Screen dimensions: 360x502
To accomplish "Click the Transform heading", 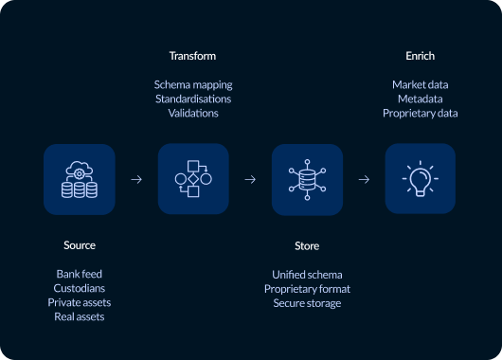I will (x=193, y=57).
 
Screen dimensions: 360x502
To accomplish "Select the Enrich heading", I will (x=420, y=57).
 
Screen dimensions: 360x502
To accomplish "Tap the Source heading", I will (x=80, y=245).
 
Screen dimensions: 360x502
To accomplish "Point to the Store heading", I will (x=307, y=246).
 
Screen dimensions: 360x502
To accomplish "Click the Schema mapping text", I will (x=193, y=84).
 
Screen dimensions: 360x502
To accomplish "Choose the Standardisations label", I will (x=193, y=99).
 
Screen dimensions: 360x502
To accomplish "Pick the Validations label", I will (x=193, y=113).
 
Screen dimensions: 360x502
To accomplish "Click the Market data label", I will (x=420, y=84).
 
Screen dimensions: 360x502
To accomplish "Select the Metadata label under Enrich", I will (x=420, y=99).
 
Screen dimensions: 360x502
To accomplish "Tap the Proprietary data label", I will (x=420, y=113).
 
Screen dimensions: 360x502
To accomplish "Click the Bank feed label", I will (x=80, y=274).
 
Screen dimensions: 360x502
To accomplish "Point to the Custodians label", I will (x=80, y=288).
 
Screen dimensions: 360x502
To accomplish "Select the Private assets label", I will (x=80, y=302).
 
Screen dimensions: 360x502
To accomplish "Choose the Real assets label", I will (x=80, y=316).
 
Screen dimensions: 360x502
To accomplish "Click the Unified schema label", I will (x=307, y=274).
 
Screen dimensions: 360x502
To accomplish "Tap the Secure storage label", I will (x=307, y=302).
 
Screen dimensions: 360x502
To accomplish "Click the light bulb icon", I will (x=420, y=178).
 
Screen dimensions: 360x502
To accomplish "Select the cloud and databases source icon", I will (x=80, y=178).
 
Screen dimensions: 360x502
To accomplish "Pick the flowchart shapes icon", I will (x=193, y=178).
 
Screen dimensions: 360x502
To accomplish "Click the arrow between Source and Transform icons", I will (x=136, y=178).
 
